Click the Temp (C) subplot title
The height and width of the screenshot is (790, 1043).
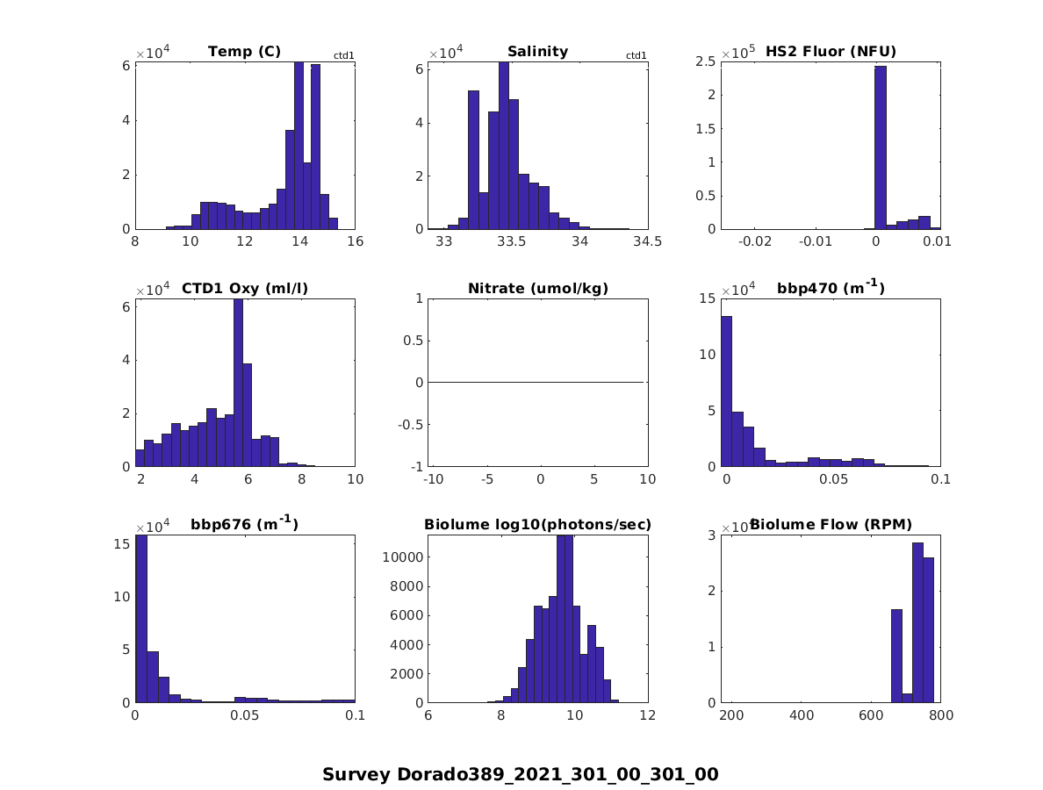click(x=244, y=52)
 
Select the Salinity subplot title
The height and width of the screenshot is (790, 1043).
click(x=537, y=52)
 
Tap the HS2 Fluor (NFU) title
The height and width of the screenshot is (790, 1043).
click(x=831, y=52)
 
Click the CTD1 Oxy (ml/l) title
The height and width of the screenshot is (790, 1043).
click(x=244, y=288)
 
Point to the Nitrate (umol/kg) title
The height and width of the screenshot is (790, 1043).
click(x=537, y=288)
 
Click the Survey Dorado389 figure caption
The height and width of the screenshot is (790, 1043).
click(x=521, y=774)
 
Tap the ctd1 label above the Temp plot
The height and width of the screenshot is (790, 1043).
click(x=343, y=56)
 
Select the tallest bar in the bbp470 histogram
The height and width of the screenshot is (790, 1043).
click(x=726, y=391)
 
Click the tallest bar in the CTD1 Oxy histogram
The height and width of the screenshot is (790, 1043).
click(x=238, y=383)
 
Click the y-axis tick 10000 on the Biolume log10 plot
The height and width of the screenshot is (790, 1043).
click(x=404, y=557)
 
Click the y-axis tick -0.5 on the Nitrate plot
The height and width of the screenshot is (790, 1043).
click(x=411, y=424)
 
